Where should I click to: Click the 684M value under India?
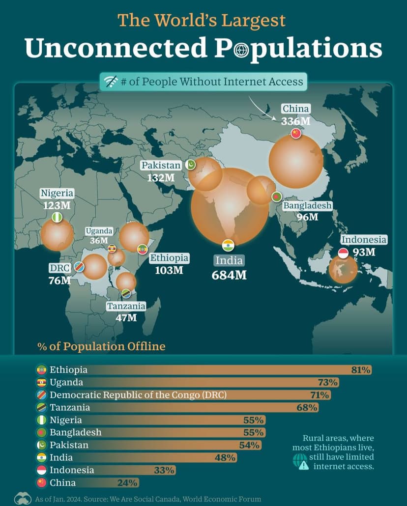(229, 275)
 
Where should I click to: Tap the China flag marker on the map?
(295, 133)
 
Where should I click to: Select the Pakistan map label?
(161, 166)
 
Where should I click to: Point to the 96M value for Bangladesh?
(307, 217)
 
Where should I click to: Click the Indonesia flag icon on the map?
(344, 253)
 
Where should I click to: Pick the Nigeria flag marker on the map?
(57, 218)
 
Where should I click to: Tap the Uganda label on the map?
(99, 231)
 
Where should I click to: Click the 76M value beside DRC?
(59, 281)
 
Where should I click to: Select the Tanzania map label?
(126, 307)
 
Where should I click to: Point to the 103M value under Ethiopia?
(169, 270)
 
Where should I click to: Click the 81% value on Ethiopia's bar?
(361, 370)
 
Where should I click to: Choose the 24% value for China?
(127, 483)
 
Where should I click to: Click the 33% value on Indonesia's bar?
(164, 470)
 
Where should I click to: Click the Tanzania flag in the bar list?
(42, 407)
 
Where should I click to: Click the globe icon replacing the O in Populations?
(242, 49)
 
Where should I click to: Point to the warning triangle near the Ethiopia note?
(304, 466)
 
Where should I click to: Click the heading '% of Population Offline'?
(101, 346)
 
